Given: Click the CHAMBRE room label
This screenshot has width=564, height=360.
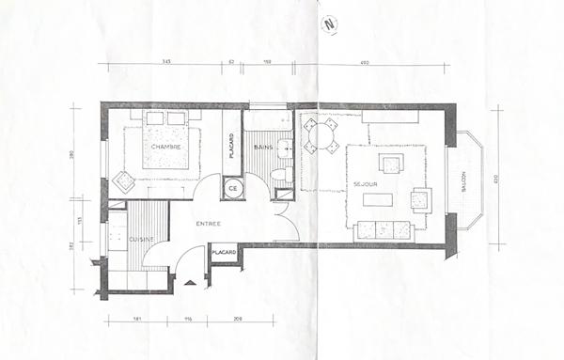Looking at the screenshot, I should pos(164,148).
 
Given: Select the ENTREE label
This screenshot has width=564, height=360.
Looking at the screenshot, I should pos(209,223).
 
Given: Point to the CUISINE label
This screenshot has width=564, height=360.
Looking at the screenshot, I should pos(141,240).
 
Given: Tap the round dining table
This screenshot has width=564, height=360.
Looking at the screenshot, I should pos(322,135).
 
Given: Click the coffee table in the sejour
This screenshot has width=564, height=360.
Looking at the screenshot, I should pos(378,198).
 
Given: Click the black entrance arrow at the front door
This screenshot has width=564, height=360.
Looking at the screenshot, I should pos(192,282).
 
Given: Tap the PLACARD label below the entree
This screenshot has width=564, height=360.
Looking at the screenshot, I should pos(224,252).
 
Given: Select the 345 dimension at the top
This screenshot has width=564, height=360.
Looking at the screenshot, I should pos(166,61).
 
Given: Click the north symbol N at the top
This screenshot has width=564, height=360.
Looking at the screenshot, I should pos(327,25).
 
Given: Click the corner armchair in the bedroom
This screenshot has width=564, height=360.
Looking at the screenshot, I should pos(121,182).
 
